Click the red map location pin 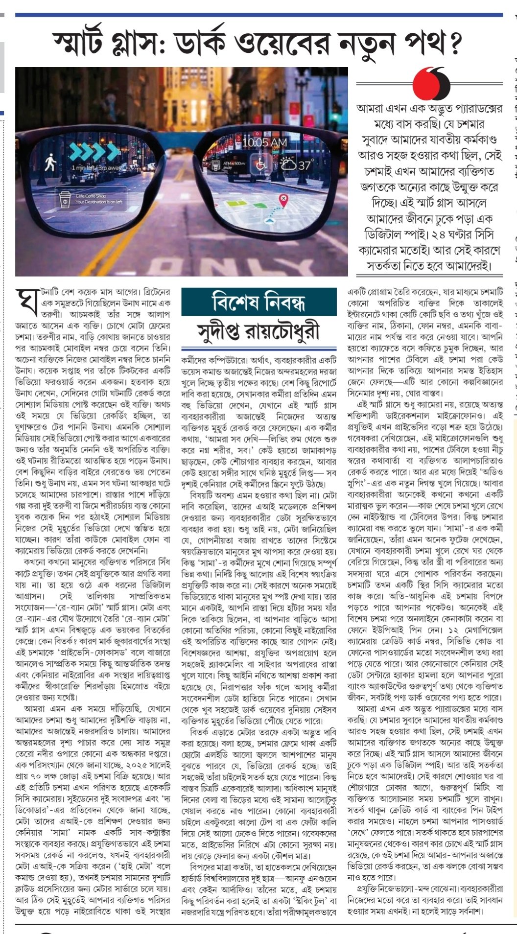pos(283,200)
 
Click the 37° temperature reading pos(305,165)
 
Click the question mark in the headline pos(455,43)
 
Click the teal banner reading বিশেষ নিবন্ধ pos(258,301)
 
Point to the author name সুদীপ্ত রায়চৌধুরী pos(258,331)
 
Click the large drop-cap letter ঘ pos(27,302)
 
